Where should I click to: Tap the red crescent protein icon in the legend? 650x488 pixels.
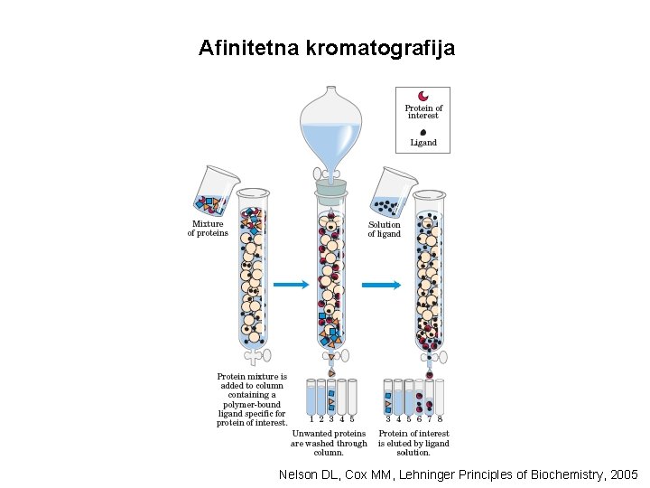tap(422, 97)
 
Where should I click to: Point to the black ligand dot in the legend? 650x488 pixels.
tap(422, 131)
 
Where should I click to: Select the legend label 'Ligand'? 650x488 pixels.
tap(422, 143)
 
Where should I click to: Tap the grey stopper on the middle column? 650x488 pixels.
tap(330, 189)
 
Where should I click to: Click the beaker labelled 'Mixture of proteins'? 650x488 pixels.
tap(213, 191)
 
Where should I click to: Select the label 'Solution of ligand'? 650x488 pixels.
tap(384, 230)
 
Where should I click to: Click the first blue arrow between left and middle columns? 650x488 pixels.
tap(291, 285)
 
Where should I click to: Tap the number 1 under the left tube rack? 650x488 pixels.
tap(311, 419)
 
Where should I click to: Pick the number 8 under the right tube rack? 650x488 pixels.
tap(440, 419)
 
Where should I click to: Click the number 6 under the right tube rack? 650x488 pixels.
tap(419, 419)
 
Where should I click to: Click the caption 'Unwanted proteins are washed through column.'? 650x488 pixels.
tap(329, 443)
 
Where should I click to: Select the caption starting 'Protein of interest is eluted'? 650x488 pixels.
tap(413, 443)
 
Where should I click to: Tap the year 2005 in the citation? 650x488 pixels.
tap(623, 474)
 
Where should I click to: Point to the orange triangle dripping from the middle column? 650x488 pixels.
tap(331, 371)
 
